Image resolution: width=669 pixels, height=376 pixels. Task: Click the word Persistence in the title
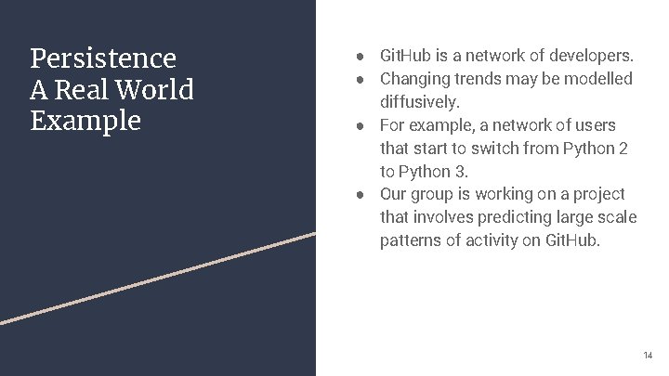[x=102, y=58]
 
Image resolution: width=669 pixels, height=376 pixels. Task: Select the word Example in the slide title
[x=85, y=122]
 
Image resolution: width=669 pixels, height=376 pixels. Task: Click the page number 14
[x=648, y=356]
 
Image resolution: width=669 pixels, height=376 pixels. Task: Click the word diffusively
[x=419, y=101]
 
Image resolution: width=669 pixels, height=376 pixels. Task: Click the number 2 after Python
[x=623, y=149]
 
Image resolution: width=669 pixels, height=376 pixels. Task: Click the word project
[x=598, y=194]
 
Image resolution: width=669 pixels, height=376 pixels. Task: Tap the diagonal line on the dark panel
[x=158, y=278]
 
